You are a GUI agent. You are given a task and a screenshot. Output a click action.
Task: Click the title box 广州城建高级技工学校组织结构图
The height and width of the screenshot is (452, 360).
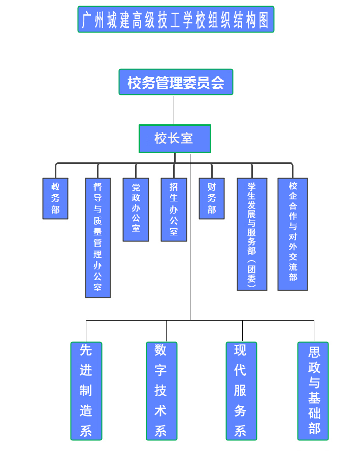pyautogui.click(x=176, y=19)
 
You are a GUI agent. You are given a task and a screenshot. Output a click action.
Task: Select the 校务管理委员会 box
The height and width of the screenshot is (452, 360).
pyautogui.click(x=176, y=82)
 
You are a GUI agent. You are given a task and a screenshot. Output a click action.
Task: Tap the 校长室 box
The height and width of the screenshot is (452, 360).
pyautogui.click(x=175, y=138)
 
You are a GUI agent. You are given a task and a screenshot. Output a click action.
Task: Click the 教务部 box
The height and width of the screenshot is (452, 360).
pyautogui.click(x=55, y=198)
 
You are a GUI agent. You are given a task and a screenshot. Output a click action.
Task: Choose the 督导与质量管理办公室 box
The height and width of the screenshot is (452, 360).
pyautogui.click(x=97, y=237)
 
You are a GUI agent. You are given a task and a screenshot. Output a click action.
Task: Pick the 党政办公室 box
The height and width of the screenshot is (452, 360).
pyautogui.click(x=136, y=209)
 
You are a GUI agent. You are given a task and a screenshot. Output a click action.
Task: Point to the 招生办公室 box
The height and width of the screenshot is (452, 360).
pyautogui.click(x=174, y=209)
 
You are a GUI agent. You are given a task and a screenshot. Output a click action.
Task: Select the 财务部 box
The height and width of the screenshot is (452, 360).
pyautogui.click(x=212, y=198)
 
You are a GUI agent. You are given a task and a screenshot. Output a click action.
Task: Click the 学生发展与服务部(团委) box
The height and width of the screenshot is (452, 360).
pyautogui.click(x=252, y=234)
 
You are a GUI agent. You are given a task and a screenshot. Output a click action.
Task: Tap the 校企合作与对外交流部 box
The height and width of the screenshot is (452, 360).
pyautogui.click(x=292, y=234)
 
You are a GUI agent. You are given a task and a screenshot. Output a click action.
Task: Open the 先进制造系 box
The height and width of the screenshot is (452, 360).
pyautogui.click(x=86, y=391)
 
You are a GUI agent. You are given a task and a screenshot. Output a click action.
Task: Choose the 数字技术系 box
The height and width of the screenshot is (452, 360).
pyautogui.click(x=161, y=391)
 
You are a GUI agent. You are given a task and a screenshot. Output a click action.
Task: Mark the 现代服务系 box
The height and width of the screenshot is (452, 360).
pyautogui.click(x=241, y=391)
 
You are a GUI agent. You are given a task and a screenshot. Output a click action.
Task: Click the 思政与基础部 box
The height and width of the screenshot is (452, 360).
pyautogui.click(x=313, y=391)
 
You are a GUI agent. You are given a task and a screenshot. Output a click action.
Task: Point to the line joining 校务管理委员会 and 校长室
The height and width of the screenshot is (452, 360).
pyautogui.click(x=174, y=110)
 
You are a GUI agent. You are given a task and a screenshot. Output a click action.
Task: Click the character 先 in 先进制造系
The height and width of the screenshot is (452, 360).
pyautogui.click(x=86, y=351)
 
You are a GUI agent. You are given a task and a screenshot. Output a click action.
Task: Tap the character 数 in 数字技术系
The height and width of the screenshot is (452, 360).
pyautogui.click(x=161, y=351)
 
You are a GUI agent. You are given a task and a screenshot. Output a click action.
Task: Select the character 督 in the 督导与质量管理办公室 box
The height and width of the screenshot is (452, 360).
pyautogui.click(x=97, y=187)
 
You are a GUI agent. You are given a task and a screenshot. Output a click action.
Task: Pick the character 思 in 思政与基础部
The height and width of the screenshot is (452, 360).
pyautogui.click(x=314, y=352)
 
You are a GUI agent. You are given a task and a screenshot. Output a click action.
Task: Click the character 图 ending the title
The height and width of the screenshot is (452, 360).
pyautogui.click(x=263, y=20)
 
